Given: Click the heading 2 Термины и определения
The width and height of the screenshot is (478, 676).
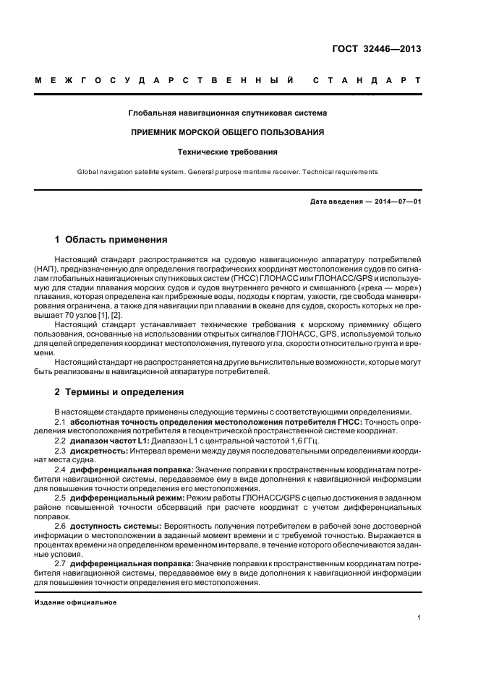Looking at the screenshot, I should coord(119,392).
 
